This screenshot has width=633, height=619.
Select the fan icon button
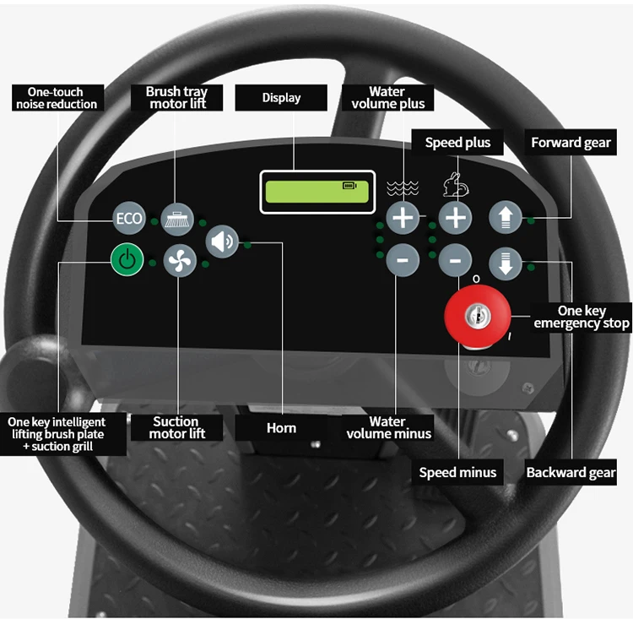pyautogui.click(x=179, y=261)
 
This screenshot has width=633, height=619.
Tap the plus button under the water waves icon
pyautogui.click(x=403, y=218)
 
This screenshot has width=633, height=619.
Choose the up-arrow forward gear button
pyautogui.click(x=506, y=218)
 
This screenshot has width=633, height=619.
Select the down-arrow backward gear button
pyautogui.click(x=506, y=263)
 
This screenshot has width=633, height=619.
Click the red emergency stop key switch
pyautogui.click(x=478, y=316)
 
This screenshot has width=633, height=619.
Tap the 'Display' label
pyautogui.click(x=281, y=98)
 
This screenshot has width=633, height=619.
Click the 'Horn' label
pyautogui.click(x=281, y=428)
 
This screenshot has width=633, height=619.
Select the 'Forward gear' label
pyautogui.click(x=571, y=143)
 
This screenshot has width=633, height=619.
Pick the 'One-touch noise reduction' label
pyautogui.click(x=57, y=98)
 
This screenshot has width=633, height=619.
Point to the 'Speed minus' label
pyautogui.click(x=458, y=473)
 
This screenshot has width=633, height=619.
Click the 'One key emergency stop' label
pyautogui.click(x=582, y=318)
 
